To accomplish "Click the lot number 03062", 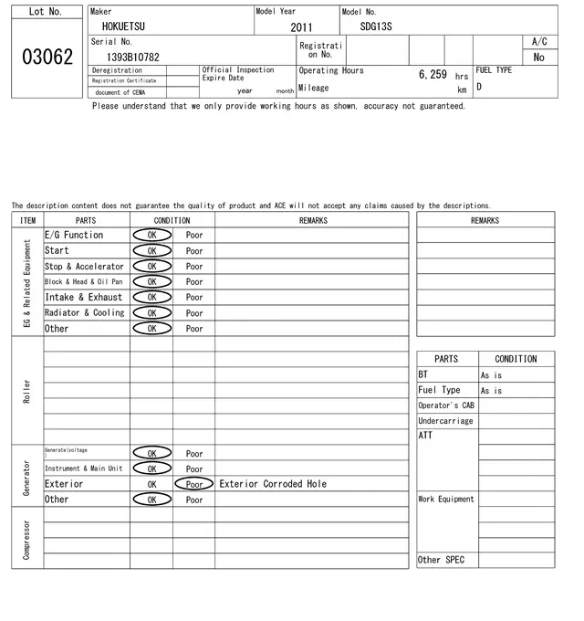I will [x=47, y=57].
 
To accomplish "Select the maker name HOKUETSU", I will [x=123, y=26].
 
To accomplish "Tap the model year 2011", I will [x=301, y=27].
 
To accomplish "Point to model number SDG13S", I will [x=376, y=26].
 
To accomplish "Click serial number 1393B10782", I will [x=133, y=57].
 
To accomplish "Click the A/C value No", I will [x=539, y=57].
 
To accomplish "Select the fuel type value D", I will [x=479, y=88].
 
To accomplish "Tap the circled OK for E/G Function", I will [x=151, y=235].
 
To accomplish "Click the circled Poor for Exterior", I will [x=194, y=484].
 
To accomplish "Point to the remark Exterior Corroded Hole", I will [x=273, y=484].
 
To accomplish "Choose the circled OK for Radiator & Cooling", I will [x=151, y=312].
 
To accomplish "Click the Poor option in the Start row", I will [x=194, y=250].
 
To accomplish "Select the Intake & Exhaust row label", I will [x=83, y=297].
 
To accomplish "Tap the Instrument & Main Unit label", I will [x=83, y=468].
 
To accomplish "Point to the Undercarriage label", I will [x=445, y=421].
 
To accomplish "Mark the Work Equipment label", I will [x=446, y=500].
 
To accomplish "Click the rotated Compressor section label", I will [x=27, y=540].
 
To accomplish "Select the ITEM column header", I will [x=27, y=220].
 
